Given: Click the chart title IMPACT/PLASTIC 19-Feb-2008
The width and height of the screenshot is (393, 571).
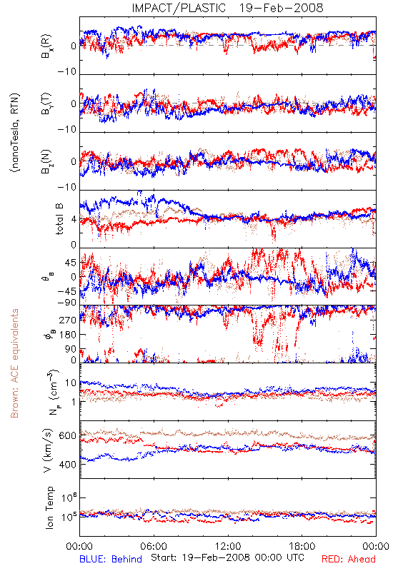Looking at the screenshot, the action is click(227, 8).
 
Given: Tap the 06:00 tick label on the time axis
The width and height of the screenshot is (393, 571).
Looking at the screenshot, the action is click(154, 546).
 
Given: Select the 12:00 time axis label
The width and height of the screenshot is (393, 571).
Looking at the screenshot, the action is click(228, 546).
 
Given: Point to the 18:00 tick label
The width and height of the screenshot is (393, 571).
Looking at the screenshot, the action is click(302, 546).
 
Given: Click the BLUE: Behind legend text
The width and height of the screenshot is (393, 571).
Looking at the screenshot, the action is click(111, 559).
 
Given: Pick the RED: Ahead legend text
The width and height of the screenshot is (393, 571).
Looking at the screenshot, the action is click(349, 559).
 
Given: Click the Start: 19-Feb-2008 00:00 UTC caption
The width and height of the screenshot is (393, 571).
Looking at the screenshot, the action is click(227, 557).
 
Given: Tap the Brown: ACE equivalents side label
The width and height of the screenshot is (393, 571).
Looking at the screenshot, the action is click(14, 363).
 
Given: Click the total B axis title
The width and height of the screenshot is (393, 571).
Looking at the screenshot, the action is click(59, 219).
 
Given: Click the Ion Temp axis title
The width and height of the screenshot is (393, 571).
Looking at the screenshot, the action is click(49, 507).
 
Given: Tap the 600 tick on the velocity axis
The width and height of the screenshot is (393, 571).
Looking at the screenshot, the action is click(67, 435).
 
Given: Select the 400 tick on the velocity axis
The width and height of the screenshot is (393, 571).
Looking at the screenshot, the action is click(67, 465).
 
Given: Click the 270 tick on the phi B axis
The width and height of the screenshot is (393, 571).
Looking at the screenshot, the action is click(67, 320).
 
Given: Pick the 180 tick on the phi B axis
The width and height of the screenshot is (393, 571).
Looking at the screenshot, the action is click(67, 335).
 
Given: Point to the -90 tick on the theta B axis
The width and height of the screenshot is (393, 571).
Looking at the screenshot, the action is click(67, 302).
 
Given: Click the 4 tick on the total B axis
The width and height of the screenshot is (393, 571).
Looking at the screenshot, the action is click(74, 220).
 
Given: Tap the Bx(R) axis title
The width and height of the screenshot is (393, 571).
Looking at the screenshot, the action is click(46, 46).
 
